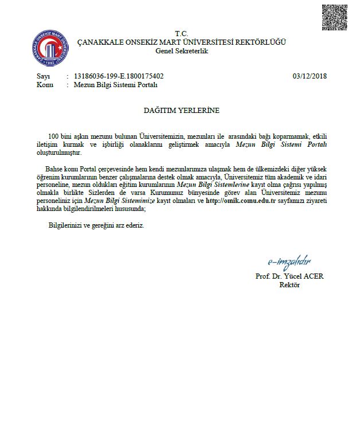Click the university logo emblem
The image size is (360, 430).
coord(52,47)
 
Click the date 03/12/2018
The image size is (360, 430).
coord(309,76)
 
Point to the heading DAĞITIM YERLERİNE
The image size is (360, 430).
coord(181,110)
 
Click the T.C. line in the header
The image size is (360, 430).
coord(181,34)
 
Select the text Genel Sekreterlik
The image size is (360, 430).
coord(181,51)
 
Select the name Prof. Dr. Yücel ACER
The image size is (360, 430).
coord(289,276)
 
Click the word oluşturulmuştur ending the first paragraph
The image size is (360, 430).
coord(59,153)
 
